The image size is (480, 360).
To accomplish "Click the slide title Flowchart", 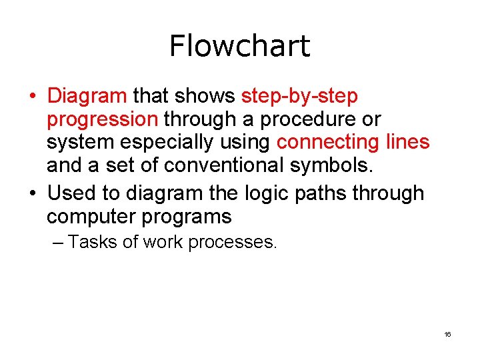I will (239, 46).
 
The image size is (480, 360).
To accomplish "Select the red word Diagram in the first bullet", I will (87, 96).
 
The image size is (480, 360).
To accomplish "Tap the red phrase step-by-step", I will (299, 97).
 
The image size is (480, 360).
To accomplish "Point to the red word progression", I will (102, 120).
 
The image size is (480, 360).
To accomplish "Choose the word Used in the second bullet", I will (72, 193).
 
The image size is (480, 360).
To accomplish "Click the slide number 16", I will (447, 334).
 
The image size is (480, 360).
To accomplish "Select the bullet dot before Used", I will (33, 194).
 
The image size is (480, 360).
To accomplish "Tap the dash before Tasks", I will (58, 243).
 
